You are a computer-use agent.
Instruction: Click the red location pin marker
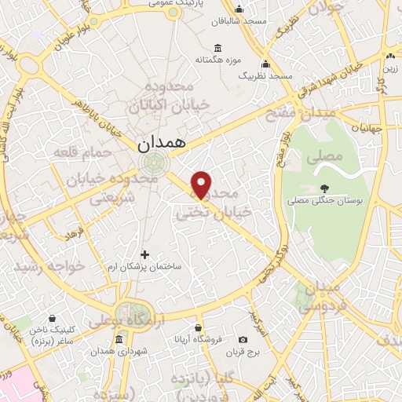click(x=202, y=184)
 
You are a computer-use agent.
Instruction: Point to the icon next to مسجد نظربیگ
click(x=265, y=64)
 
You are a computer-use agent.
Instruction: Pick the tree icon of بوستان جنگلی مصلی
click(x=323, y=188)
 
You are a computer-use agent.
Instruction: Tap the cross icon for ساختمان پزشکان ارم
click(x=144, y=254)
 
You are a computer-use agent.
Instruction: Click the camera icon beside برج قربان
click(x=243, y=339)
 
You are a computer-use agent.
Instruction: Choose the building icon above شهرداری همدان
click(x=119, y=340)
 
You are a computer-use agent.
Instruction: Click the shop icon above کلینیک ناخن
click(x=52, y=319)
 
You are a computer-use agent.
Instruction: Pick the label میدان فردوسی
click(x=317, y=297)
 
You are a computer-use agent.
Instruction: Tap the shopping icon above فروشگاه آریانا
click(x=199, y=327)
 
